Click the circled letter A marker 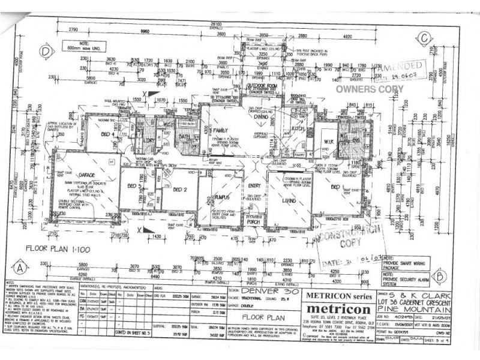coord(20,268)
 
